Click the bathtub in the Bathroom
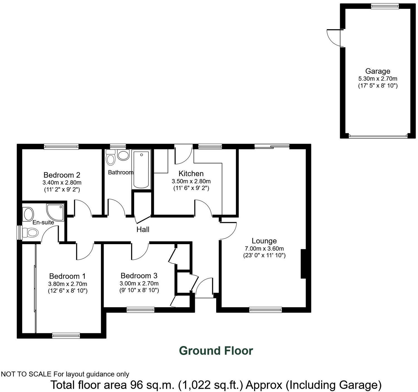pos(141,169)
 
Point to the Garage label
pos(378,71)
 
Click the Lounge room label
pos(264,241)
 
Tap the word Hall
pos(143,229)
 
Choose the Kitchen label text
pos(191,174)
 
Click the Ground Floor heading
pos(216,351)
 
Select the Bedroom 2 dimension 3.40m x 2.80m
pos(62,183)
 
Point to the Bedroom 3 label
pos(139,276)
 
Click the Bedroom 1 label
pos(67,276)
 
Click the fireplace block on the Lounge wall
pos(303,264)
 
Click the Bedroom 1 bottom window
pos(66,335)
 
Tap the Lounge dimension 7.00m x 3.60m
pos(264,249)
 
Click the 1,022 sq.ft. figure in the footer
pos(212,385)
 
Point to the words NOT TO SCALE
pos(26,374)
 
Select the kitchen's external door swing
pos(183,155)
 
